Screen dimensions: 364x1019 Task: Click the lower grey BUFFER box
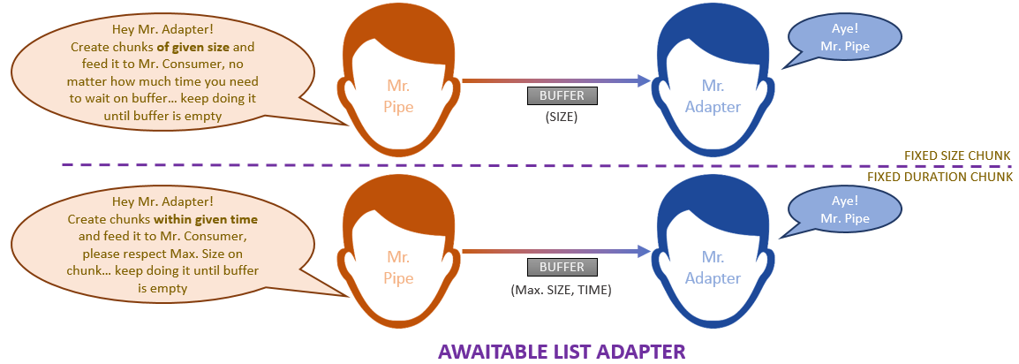(x=561, y=268)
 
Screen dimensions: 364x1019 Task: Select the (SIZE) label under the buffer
(x=561, y=116)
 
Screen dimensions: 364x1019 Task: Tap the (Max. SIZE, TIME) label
(x=561, y=289)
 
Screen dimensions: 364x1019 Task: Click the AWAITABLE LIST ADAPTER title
(x=562, y=351)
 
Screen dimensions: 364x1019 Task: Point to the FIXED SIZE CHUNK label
(x=956, y=156)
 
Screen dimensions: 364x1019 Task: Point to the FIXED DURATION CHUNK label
(x=939, y=177)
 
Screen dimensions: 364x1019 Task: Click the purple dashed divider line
(x=442, y=164)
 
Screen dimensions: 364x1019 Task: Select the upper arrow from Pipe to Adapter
(x=556, y=81)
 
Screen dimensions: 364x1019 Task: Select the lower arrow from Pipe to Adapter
(x=556, y=252)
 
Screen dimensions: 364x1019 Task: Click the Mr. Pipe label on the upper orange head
(x=399, y=96)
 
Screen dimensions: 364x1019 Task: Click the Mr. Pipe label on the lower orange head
(x=399, y=268)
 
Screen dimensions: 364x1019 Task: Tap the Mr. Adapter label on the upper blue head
(x=713, y=96)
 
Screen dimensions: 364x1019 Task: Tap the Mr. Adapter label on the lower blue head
(x=713, y=268)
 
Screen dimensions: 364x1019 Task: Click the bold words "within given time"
(x=206, y=217)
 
